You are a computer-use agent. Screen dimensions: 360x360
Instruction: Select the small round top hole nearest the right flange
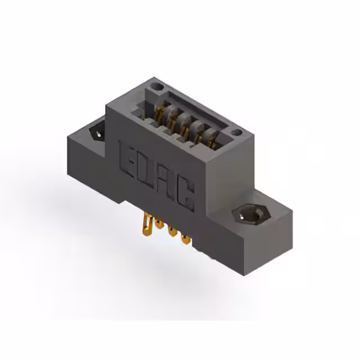coord(237,133)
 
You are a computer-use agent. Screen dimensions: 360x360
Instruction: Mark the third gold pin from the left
coord(171,232)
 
